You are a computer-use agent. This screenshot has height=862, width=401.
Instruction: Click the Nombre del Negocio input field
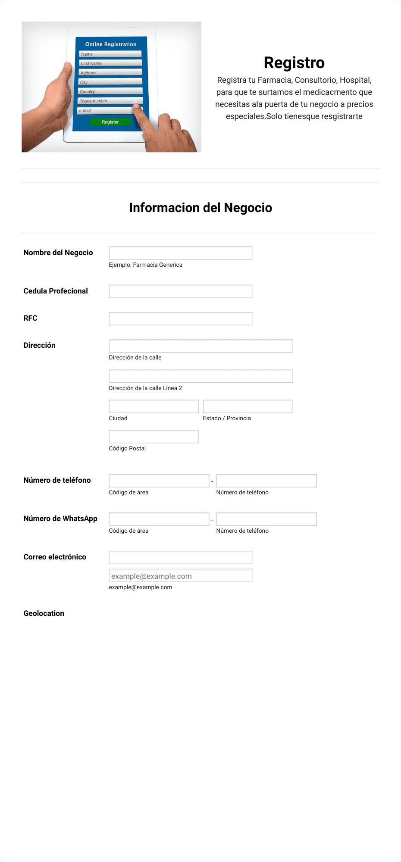[180, 253]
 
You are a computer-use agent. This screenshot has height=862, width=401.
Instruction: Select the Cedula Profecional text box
[180, 291]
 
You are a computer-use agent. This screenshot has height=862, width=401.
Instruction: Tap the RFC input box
[180, 319]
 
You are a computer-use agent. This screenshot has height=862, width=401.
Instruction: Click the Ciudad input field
[154, 406]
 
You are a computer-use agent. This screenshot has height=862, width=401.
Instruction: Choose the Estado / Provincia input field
[247, 406]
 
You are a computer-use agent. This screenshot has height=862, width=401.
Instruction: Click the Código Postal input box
[154, 437]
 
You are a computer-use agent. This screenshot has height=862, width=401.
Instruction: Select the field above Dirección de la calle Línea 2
[200, 376]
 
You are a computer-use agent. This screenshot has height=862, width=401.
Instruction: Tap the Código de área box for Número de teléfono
[159, 481]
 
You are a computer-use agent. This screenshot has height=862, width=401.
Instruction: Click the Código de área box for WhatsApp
[159, 519]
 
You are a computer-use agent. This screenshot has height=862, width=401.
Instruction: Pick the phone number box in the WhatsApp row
[266, 519]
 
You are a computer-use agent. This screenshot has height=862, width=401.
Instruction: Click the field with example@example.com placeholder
[180, 576]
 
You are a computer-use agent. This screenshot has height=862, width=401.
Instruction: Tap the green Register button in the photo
[110, 122]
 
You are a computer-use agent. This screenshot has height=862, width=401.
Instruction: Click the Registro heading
[294, 62]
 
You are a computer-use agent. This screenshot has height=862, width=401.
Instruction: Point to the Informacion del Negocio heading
[200, 208]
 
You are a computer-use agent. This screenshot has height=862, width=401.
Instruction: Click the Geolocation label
[44, 613]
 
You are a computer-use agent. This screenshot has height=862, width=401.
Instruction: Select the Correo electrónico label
[55, 557]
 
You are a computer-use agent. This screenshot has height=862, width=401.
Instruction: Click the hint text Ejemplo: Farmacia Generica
[145, 265]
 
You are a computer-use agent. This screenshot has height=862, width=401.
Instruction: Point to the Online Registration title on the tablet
[111, 44]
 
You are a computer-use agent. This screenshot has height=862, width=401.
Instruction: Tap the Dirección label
[39, 345]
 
